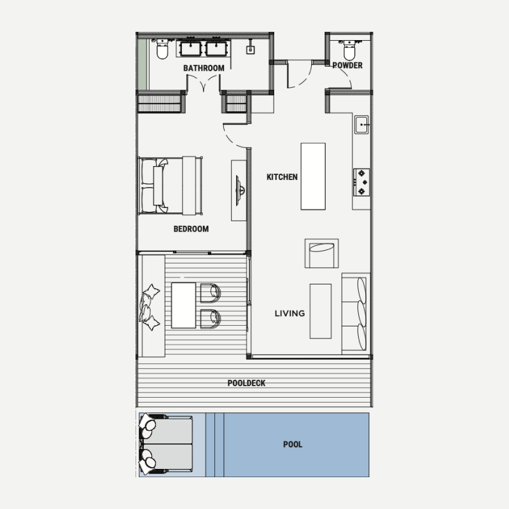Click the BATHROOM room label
(204, 68)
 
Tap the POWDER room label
(347, 66)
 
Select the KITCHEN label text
(282, 177)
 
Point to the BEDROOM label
(191, 229)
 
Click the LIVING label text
(289, 313)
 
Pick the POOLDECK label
(246, 383)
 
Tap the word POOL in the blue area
(293, 444)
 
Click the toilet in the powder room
(349, 50)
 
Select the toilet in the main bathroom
(162, 49)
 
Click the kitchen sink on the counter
(361, 124)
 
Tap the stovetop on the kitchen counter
(361, 182)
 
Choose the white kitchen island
(313, 176)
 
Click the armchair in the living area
(321, 253)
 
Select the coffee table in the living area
(321, 311)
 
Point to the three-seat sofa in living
(356, 314)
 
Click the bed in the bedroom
(171, 186)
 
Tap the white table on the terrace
(183, 305)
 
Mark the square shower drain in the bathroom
(250, 50)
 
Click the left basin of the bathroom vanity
(191, 48)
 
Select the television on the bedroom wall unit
(240, 190)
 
